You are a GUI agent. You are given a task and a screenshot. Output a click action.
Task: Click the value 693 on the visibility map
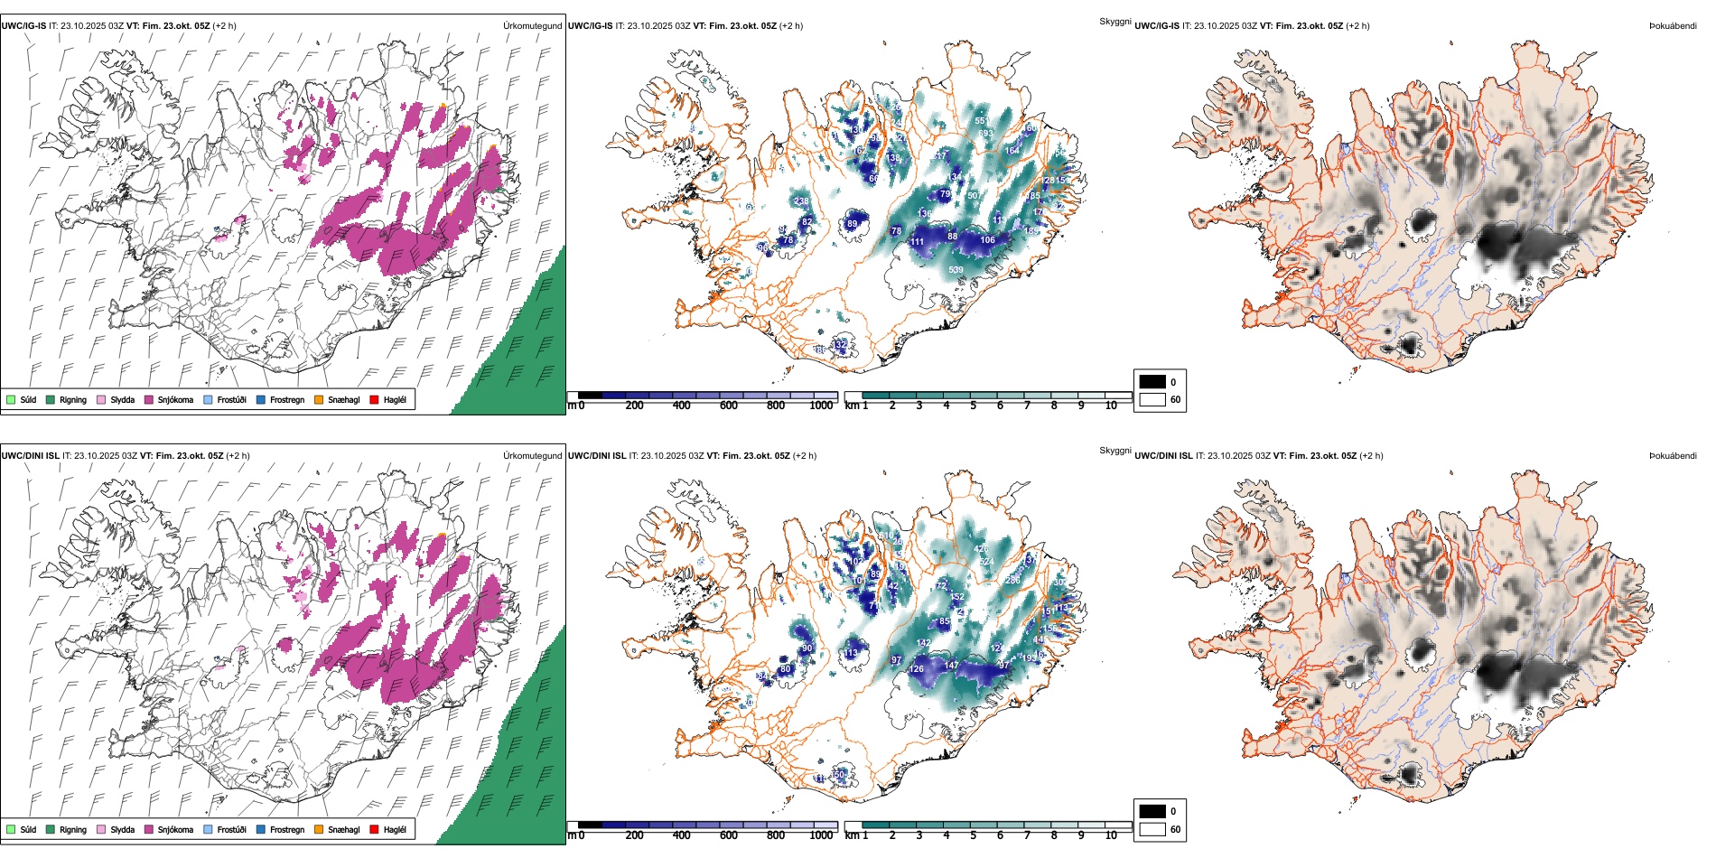[985, 134]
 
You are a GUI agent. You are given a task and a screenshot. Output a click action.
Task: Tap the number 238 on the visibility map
[801, 201]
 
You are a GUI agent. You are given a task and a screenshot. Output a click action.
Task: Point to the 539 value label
[956, 270]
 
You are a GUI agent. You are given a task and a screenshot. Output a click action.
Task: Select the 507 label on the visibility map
[974, 196]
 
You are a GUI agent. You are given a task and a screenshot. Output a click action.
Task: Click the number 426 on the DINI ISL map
[981, 548]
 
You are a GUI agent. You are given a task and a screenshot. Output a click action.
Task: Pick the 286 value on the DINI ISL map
[1013, 580]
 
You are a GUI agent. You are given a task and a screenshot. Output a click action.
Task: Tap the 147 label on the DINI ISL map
[951, 666]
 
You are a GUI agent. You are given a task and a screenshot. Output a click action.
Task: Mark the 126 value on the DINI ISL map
[917, 669]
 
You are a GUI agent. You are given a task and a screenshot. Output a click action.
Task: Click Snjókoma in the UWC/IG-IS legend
[175, 400]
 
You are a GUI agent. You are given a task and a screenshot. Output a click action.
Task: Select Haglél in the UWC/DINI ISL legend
[395, 830]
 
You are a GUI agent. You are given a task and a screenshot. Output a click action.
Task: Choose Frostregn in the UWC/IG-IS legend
[286, 400]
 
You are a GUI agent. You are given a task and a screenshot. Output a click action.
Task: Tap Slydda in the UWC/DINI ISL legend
[122, 830]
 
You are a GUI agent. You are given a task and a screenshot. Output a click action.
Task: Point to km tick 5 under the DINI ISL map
[973, 835]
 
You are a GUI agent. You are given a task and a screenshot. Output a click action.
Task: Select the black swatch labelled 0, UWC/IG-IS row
[1152, 382]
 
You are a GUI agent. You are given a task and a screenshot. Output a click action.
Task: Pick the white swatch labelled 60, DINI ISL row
[1152, 829]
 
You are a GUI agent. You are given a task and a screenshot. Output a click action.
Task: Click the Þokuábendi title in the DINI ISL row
[1673, 456]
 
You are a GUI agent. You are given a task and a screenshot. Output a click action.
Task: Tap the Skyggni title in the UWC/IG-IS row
[1114, 21]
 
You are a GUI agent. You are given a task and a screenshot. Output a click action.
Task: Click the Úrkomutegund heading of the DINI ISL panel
[532, 456]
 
